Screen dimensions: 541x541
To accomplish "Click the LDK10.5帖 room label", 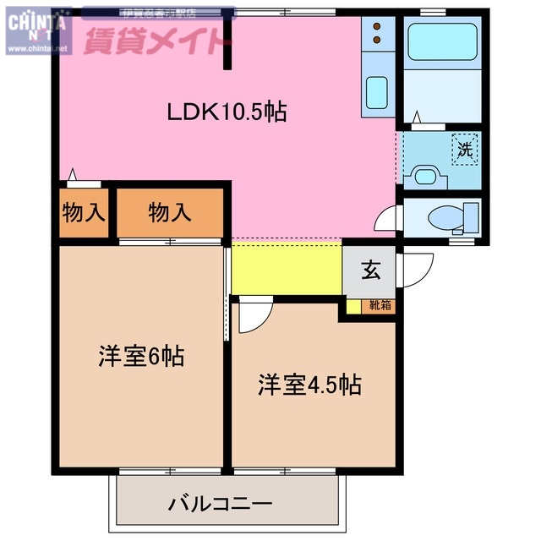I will pyautogui.click(x=226, y=111).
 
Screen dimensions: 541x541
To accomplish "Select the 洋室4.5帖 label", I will pyautogui.click(x=309, y=385).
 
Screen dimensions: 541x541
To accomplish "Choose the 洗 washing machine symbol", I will pyautogui.click(x=464, y=150).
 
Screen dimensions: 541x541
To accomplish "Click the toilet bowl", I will pyautogui.click(x=445, y=219).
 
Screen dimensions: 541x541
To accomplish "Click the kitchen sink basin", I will pyautogui.click(x=376, y=88).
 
